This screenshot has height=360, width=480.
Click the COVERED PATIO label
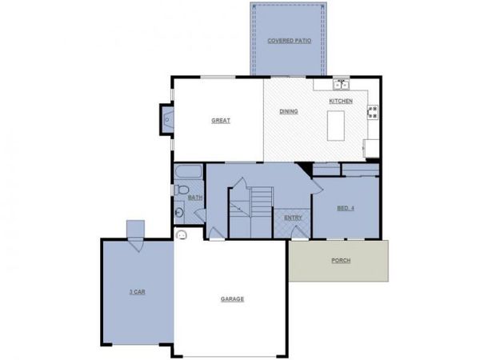[288, 39]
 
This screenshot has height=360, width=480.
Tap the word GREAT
[221, 121]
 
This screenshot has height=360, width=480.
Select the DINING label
[289, 111]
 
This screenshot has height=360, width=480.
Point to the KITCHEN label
[341, 101]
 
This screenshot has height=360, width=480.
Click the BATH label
[195, 197]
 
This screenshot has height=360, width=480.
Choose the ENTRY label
[293, 218]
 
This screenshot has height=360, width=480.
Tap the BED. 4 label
[346, 209]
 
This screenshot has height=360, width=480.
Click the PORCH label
[341, 261]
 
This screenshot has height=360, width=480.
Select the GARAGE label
[232, 299]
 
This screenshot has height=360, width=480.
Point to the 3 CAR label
[137, 292]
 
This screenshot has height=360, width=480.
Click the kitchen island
[336, 125]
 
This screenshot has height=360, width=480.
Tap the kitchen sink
[342, 82]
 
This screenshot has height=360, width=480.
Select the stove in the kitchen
[373, 112]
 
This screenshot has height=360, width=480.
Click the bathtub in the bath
[189, 172]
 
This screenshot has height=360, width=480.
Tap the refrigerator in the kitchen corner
[371, 148]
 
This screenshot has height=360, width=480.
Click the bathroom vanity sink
[179, 212]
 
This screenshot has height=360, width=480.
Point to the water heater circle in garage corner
[182, 235]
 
